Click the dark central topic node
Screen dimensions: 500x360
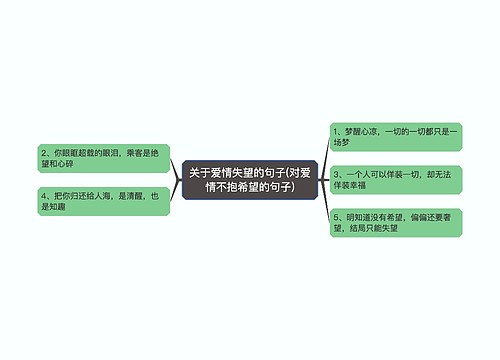[x=249, y=179]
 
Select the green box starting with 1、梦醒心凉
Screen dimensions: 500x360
[x=395, y=136]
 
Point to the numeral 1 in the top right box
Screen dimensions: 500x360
[x=335, y=130]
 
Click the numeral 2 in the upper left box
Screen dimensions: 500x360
[x=42, y=151]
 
